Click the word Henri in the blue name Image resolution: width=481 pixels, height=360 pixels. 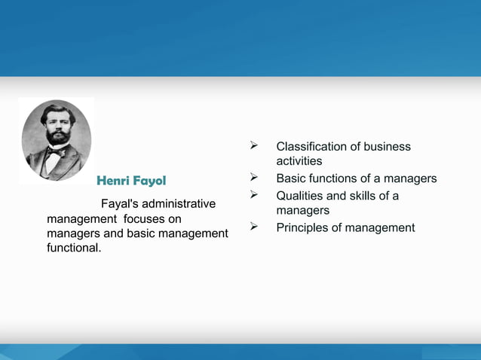point(114,182)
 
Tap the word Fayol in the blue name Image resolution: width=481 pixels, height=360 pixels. point(149,182)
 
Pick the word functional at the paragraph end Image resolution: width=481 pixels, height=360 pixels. point(73,248)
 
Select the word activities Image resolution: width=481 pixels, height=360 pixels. point(299,161)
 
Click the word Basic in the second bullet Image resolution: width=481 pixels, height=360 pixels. point(291,178)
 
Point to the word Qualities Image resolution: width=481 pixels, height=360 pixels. point(300,196)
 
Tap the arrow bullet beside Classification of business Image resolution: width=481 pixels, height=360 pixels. point(255,146)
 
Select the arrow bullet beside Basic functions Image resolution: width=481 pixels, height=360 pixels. point(255,178)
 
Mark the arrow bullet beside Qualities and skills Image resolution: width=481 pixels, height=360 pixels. point(255,196)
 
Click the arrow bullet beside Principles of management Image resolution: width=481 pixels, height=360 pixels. point(255,227)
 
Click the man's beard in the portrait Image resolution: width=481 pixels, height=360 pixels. point(57,139)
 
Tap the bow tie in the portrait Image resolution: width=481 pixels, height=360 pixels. point(56,151)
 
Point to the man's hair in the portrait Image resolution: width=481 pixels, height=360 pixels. point(57,111)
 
